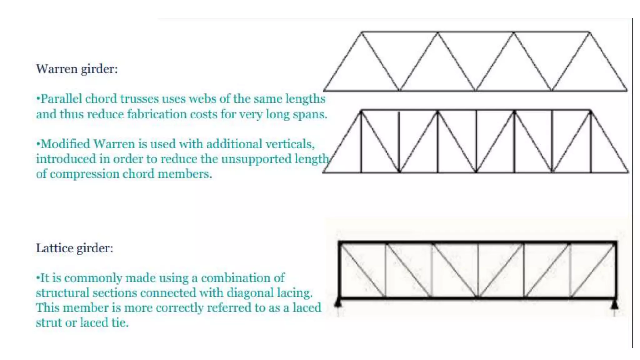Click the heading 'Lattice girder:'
pyautogui.click(x=75, y=248)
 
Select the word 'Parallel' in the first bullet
pyautogui.click(x=61, y=99)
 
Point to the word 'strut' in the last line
pyautogui.click(x=48, y=323)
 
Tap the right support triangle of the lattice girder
pyautogui.click(x=615, y=304)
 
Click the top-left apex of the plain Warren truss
pyautogui.click(x=362, y=32)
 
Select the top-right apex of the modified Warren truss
pyautogui.click(x=590, y=111)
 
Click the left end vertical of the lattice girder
pyautogui.click(x=339, y=270)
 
